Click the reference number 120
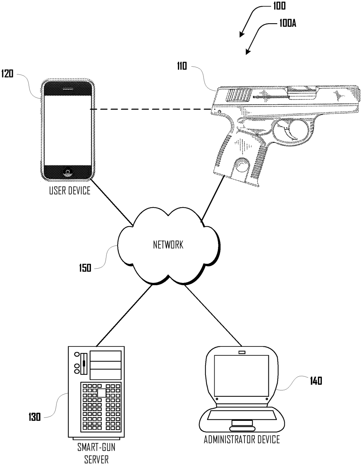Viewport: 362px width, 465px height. pyautogui.click(x=8, y=74)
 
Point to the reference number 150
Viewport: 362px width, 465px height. pyautogui.click(x=85, y=267)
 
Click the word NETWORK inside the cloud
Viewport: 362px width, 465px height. pyautogui.click(x=168, y=245)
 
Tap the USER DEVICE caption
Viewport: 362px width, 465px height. pyautogui.click(x=69, y=190)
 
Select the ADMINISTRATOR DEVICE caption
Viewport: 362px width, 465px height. pyautogui.click(x=242, y=439)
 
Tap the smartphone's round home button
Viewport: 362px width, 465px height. pyautogui.click(x=68, y=171)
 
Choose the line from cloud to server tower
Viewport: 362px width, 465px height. pyautogui.click(x=122, y=316)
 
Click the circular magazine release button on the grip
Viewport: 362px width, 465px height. pyautogui.click(x=243, y=165)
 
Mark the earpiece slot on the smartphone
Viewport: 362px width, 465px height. pyautogui.click(x=68, y=89)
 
